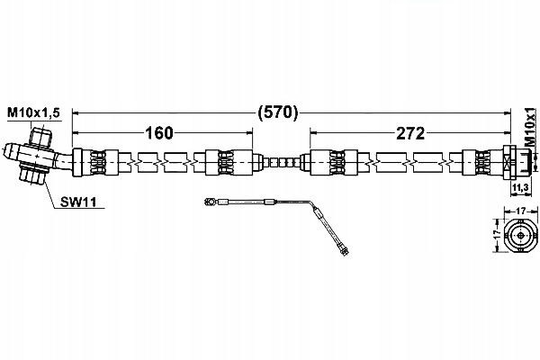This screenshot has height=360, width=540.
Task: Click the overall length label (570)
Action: tap(277, 112)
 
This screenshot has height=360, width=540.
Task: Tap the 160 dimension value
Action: tap(159, 133)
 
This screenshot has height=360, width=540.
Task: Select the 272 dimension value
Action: tap(410, 133)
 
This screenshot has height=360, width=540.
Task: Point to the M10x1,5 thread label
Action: tap(34, 112)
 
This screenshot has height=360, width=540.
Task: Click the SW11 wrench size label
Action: tap(78, 202)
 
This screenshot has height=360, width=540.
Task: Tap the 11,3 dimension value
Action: tap(520, 188)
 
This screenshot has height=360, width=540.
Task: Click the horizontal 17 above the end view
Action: tap(521, 210)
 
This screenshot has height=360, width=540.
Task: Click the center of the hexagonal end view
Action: tap(520, 236)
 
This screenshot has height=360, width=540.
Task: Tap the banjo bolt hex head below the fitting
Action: tap(32, 175)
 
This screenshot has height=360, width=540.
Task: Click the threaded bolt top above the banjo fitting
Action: tap(40, 137)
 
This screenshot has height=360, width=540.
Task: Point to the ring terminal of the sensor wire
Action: tap(210, 202)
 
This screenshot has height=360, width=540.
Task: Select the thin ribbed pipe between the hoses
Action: tap(282, 162)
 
